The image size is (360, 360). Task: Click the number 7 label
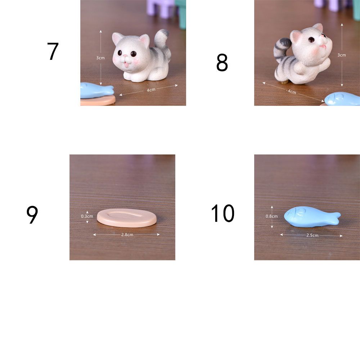pyautogui.click(x=53, y=51)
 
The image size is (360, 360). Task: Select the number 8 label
pyautogui.click(x=222, y=63)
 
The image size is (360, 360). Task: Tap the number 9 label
pyautogui.click(x=32, y=215)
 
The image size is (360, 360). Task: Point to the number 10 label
pyautogui.click(x=222, y=213)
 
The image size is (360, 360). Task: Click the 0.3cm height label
pyautogui.click(x=87, y=216)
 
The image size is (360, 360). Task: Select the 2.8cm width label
pyautogui.click(x=127, y=235)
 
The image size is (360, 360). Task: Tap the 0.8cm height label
pyautogui.click(x=271, y=216)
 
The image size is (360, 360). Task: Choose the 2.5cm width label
pyautogui.click(x=312, y=235)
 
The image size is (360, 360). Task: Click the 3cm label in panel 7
pyautogui.click(x=100, y=58)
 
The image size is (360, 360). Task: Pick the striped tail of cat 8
pyautogui.click(x=282, y=49)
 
